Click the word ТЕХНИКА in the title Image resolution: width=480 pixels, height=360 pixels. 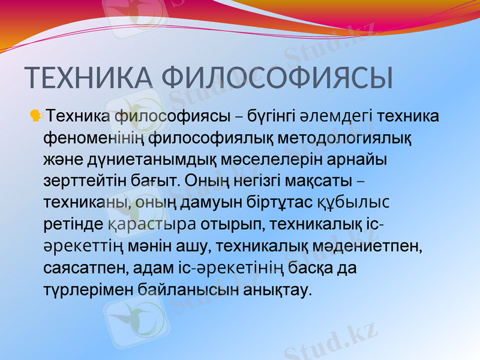(x=89, y=78)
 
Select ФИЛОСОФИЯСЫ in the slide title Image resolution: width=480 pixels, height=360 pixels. (x=278, y=78)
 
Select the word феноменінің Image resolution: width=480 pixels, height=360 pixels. (x=94, y=138)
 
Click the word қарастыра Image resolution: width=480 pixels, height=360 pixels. (x=152, y=225)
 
